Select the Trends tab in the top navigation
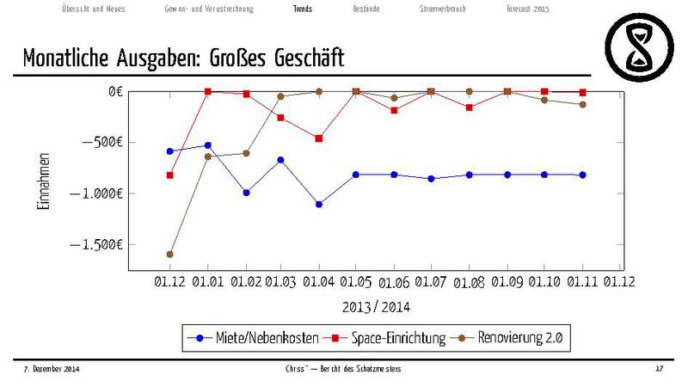click(x=303, y=9)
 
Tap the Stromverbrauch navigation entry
click(x=443, y=9)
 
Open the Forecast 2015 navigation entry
click(x=528, y=9)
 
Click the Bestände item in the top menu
click(x=367, y=9)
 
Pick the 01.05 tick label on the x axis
click(x=355, y=281)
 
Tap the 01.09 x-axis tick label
click(x=507, y=281)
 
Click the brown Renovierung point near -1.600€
click(x=170, y=255)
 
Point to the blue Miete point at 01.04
click(x=318, y=205)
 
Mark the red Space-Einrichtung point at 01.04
click(x=318, y=138)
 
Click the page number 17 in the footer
click(x=659, y=369)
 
